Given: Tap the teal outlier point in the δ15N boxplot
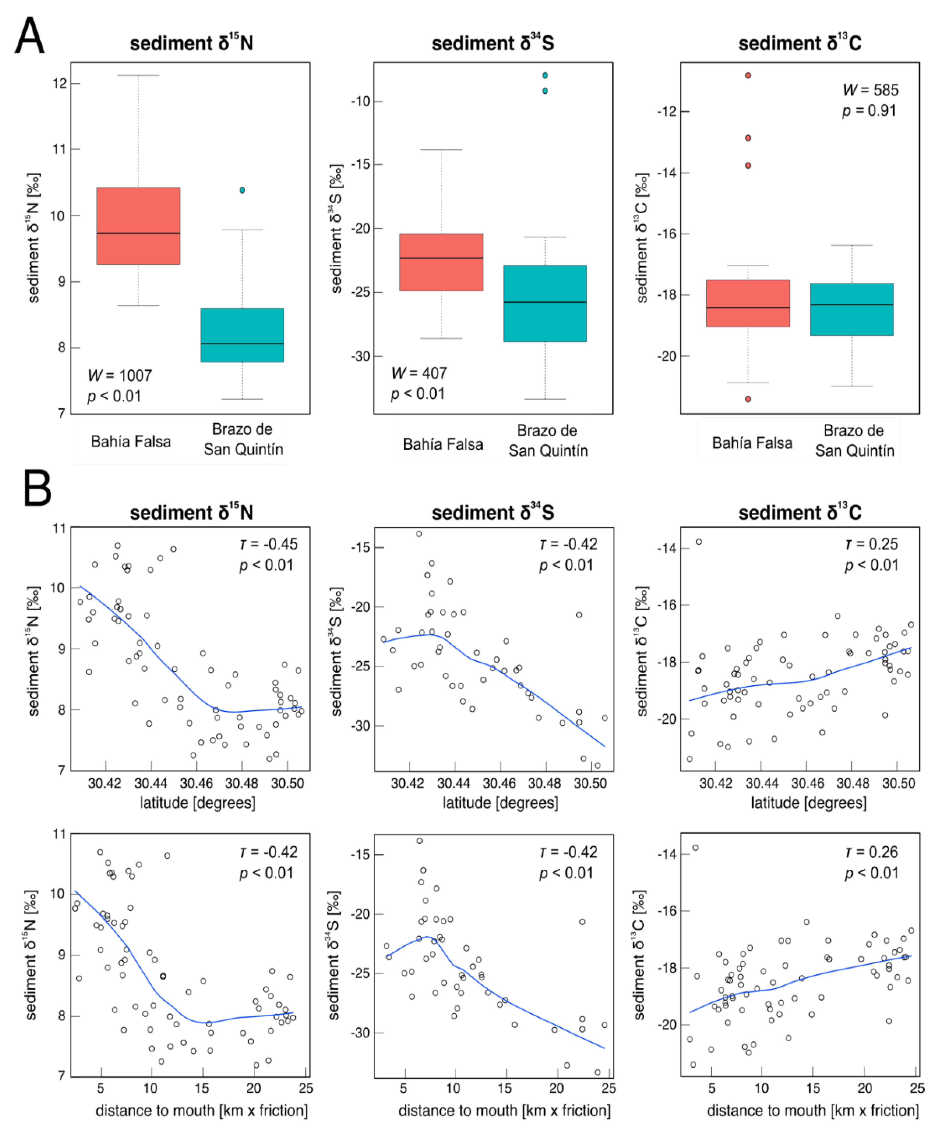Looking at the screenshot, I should click(242, 190).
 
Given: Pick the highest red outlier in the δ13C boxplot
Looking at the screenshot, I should click(748, 75).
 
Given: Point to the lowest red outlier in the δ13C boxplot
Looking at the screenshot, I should click(748, 399).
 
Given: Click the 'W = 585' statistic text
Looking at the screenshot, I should click(870, 90).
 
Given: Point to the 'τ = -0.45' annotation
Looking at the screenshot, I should click(268, 544).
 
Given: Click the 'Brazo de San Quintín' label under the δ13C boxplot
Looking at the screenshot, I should click(855, 441).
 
